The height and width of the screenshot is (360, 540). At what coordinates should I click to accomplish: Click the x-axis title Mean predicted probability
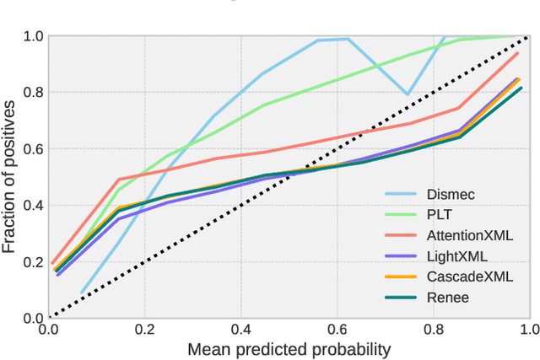pos(289,348)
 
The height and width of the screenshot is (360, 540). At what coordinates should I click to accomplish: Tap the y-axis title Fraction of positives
pos(9,177)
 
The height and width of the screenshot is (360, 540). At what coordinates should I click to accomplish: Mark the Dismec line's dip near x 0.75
pos(408,94)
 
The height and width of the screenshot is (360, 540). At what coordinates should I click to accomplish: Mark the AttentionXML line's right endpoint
pos(519,53)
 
